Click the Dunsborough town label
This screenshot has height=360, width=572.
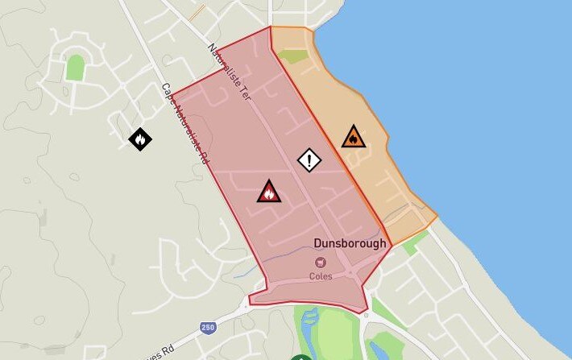pyautogui.click(x=350, y=243)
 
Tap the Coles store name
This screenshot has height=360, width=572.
pyautogui.click(x=321, y=276)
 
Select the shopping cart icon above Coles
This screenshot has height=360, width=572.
pyautogui.click(x=321, y=263)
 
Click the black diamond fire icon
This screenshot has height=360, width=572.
pyautogui.click(x=140, y=139)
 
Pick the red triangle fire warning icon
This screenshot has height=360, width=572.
pyautogui.click(x=269, y=192)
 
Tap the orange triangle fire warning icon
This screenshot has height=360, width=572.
pyautogui.click(x=353, y=137)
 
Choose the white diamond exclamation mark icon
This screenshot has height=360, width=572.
pyautogui.click(x=309, y=159)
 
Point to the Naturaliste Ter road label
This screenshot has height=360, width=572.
pyautogui.click(x=230, y=72)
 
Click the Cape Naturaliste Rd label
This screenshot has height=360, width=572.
pyautogui.click(x=184, y=124)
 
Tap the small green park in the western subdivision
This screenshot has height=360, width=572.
pyautogui.click(x=75, y=68)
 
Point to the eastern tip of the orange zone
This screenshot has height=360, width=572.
pyautogui.click(x=437, y=216)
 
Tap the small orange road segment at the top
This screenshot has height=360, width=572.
pyautogui.click(x=197, y=12)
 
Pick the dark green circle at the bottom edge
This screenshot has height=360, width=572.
pyautogui.click(x=301, y=357)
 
